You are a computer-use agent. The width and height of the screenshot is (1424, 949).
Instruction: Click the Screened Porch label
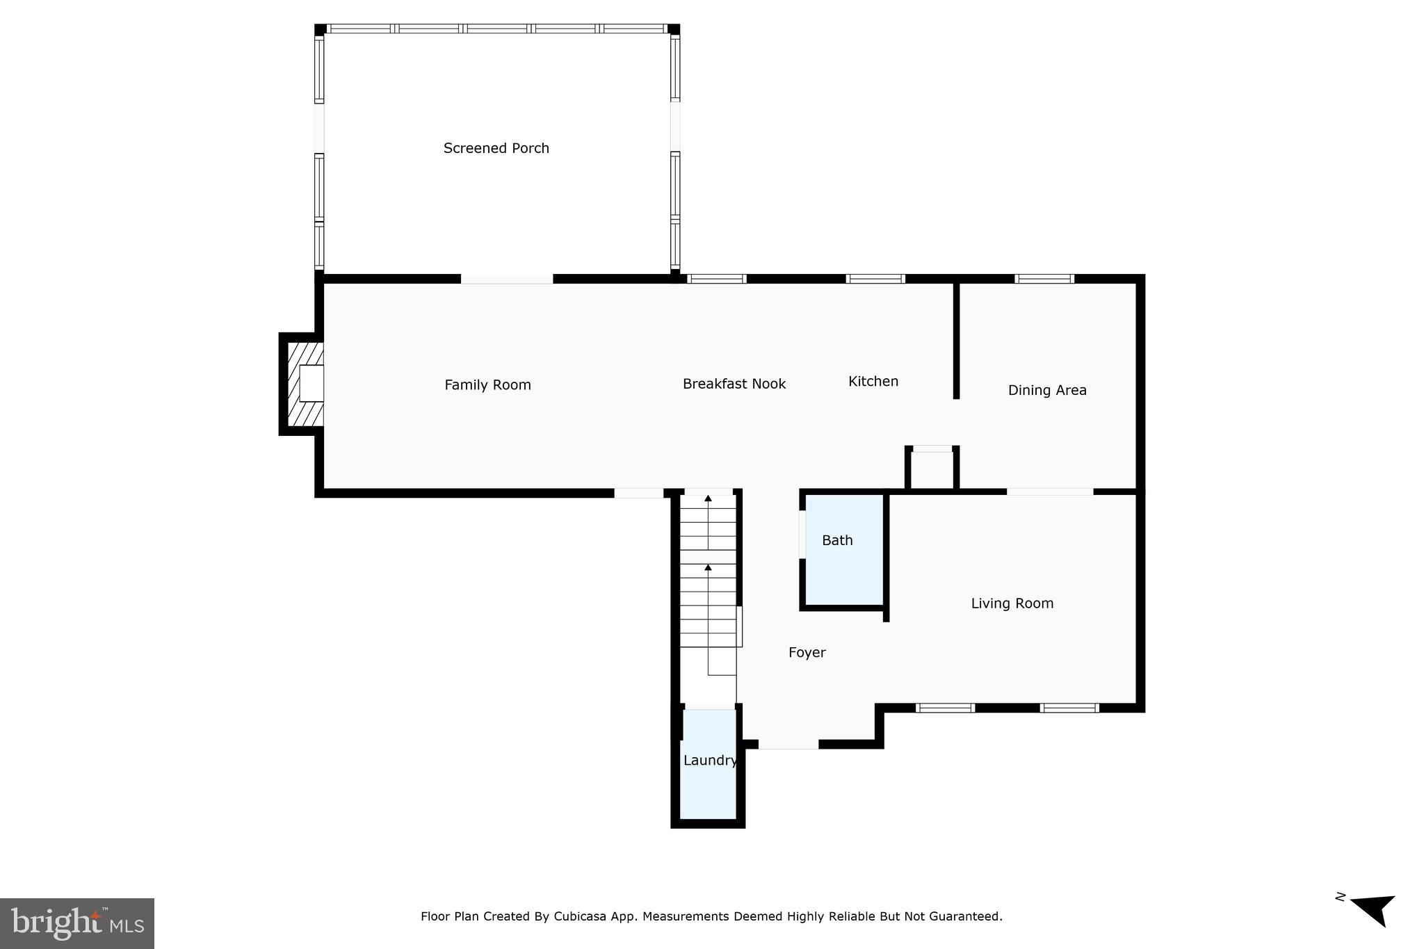[x=496, y=148]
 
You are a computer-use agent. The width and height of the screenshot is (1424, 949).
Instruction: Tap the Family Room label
[x=487, y=385]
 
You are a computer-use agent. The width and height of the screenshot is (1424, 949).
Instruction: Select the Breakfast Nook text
[x=734, y=384]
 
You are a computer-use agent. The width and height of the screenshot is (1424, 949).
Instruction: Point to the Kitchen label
[x=873, y=381]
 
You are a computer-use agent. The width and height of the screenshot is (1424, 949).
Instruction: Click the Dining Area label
[x=1046, y=390]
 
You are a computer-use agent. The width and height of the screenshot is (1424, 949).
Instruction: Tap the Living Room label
[x=1012, y=603]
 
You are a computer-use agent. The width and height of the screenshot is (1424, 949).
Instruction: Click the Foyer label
[x=807, y=652]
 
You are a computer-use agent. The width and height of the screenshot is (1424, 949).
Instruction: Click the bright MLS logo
[x=77, y=923]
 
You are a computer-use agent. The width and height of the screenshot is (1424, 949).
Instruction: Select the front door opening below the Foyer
[x=788, y=744]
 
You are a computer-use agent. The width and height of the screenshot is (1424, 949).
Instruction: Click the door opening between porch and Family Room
[x=507, y=279]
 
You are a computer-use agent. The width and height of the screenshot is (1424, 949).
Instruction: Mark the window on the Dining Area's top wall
[x=1044, y=279]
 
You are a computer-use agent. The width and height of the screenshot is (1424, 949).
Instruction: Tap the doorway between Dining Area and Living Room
[x=1049, y=492]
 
